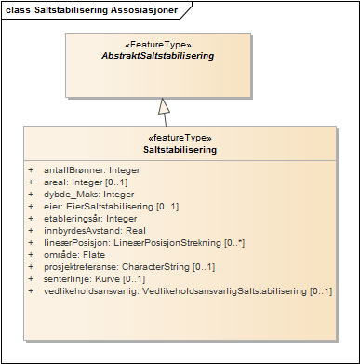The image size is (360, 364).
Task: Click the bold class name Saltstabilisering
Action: (x=180, y=149)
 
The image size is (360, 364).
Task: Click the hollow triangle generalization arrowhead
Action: (x=166, y=105)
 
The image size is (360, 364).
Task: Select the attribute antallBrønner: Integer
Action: (x=86, y=170)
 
